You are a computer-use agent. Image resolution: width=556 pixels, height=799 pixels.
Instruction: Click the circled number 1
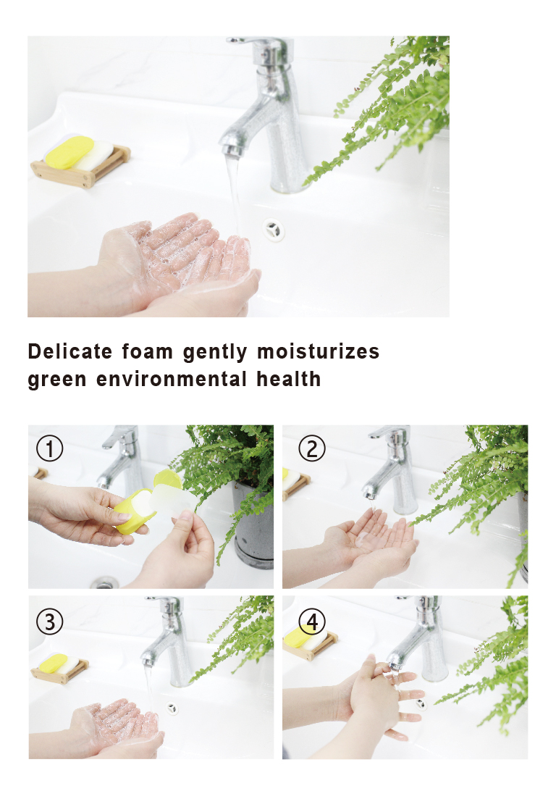click(50, 449)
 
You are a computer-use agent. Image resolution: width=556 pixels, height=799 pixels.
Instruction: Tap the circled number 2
click(312, 449)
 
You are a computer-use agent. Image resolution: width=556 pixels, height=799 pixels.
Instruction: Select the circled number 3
click(50, 621)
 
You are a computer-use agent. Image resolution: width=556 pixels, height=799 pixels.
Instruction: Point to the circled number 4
click(312, 621)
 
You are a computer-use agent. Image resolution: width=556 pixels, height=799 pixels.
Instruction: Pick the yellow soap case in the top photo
click(69, 151)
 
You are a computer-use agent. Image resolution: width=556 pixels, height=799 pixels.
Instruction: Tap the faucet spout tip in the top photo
click(231, 151)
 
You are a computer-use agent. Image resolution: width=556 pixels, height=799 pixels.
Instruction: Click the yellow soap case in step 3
click(54, 662)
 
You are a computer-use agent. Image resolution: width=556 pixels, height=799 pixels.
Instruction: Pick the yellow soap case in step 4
click(298, 637)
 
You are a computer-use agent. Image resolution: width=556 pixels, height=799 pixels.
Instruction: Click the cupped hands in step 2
click(369, 540)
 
